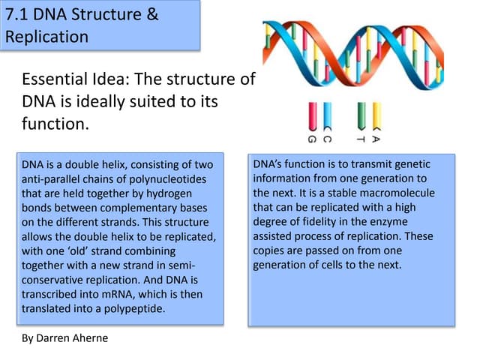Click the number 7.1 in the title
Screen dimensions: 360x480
(x=21, y=14)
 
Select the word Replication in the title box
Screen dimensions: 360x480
(x=46, y=36)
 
